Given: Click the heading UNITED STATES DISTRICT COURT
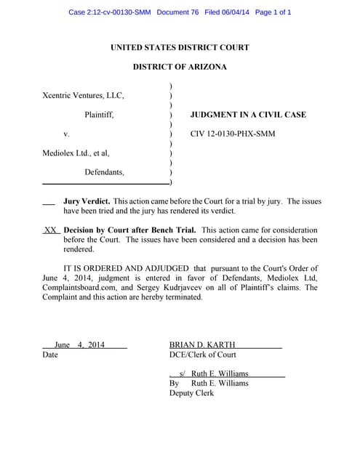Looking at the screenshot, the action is tap(180, 48).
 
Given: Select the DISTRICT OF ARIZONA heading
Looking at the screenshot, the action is tap(180, 67).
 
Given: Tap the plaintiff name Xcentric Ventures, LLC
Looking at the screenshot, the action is tap(84, 96).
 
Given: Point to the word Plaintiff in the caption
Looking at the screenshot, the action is tap(99, 115).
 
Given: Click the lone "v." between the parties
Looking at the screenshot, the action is tap(66, 134).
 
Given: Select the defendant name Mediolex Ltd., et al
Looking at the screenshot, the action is tap(76, 153).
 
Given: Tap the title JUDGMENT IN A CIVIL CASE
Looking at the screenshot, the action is tap(248, 115).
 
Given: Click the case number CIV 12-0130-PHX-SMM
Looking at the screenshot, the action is tap(233, 134).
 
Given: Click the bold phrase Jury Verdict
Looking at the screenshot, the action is tap(87, 201).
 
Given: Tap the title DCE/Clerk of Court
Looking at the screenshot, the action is tap(203, 355).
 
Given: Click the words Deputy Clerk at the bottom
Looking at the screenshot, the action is tap(191, 393).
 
